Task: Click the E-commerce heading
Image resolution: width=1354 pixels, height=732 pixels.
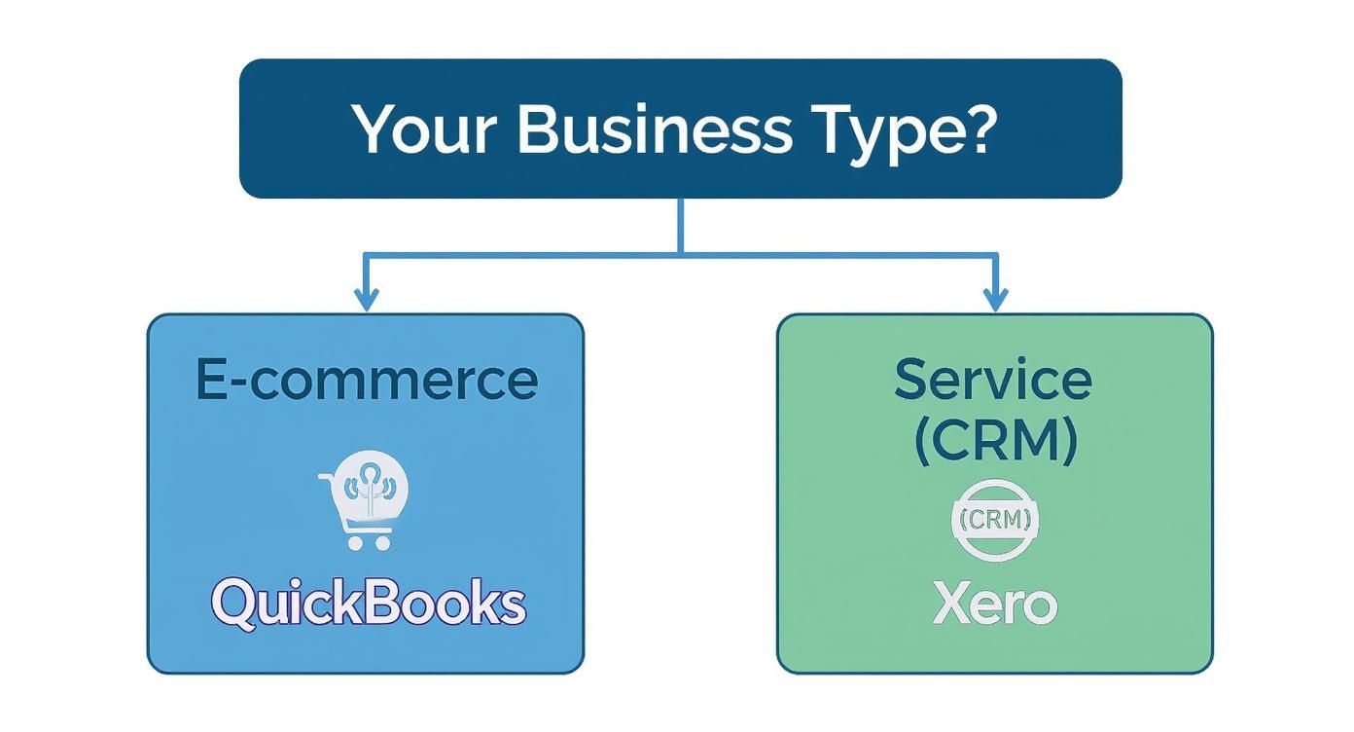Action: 366,380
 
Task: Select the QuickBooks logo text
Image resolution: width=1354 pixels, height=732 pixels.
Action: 368,603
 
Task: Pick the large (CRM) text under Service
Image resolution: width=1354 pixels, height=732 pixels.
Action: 994,440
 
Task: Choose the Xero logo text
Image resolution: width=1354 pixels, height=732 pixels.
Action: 993,604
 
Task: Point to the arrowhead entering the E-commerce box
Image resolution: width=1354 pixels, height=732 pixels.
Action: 366,301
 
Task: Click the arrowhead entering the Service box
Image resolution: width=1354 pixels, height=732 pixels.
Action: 993,301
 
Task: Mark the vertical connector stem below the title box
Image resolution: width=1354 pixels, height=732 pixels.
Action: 680,226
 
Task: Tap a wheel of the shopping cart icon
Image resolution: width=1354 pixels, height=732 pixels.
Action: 355,543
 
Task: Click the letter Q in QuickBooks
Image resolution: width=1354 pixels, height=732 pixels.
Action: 234,604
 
